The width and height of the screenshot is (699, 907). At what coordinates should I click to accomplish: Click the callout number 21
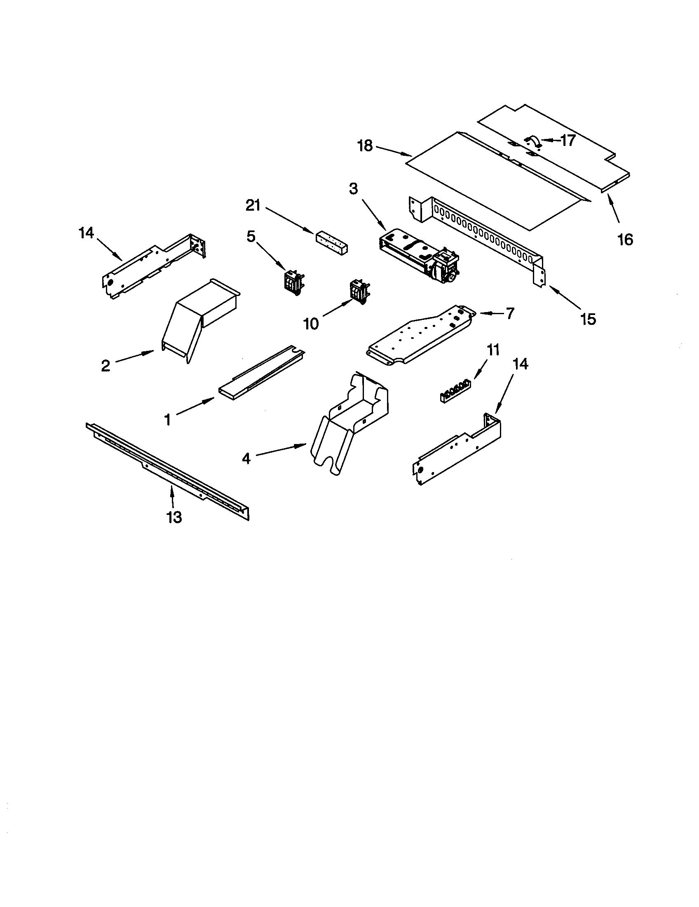click(x=253, y=205)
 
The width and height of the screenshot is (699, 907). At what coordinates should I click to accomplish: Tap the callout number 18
click(x=365, y=146)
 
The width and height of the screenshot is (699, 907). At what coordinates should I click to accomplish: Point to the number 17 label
click(x=568, y=141)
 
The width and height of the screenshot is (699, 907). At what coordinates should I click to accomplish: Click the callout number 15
click(x=588, y=319)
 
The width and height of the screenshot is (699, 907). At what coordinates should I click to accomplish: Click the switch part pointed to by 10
click(x=358, y=292)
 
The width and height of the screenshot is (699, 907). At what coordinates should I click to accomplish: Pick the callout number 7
click(x=509, y=313)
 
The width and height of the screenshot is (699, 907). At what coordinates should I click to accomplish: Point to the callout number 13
click(x=174, y=517)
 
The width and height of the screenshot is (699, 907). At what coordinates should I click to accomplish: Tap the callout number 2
click(x=106, y=365)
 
